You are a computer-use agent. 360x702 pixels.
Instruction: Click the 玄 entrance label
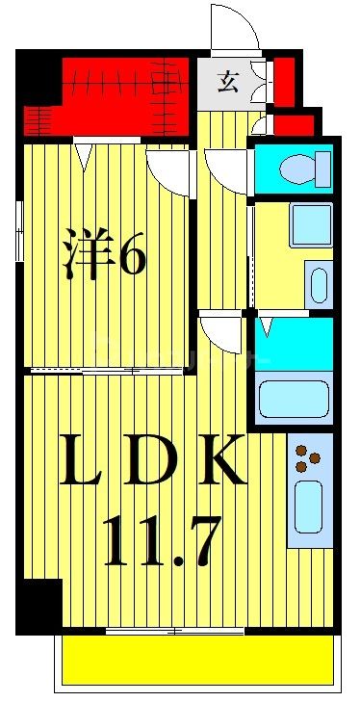(x=227, y=82)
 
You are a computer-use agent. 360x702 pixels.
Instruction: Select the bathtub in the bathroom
(x=294, y=398)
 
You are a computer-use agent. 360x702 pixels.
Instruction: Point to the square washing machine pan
(x=311, y=223)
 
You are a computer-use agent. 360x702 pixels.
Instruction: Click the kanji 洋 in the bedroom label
(x=86, y=255)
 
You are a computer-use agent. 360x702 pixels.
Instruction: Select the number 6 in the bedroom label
(x=132, y=256)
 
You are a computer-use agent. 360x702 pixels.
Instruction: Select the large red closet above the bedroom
(x=116, y=96)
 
